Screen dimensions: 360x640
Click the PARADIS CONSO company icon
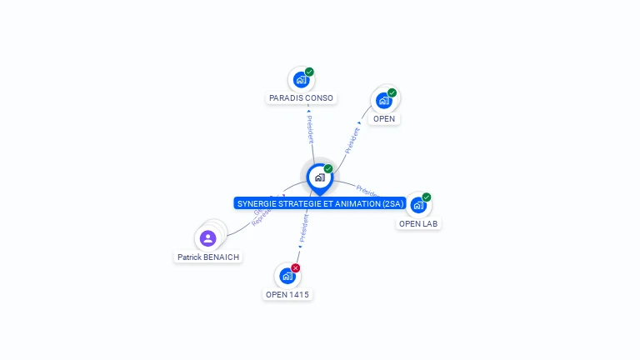pyautogui.click(x=301, y=80)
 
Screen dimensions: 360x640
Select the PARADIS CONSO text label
pyautogui.click(x=301, y=98)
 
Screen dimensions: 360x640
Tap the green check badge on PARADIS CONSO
pyautogui.click(x=309, y=72)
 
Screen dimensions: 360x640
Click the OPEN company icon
pyautogui.click(x=383, y=101)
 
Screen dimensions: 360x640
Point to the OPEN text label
pyautogui.click(x=384, y=119)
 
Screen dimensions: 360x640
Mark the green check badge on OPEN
pyautogui.click(x=392, y=92)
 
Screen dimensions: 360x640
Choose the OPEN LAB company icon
pyautogui.click(x=418, y=205)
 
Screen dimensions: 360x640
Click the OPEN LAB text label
pyautogui.click(x=418, y=223)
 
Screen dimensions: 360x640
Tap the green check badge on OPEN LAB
pyautogui.click(x=427, y=197)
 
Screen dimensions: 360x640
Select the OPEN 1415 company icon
pyautogui.click(x=287, y=276)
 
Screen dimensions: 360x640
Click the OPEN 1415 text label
pyautogui.click(x=287, y=294)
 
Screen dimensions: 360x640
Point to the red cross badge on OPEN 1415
pyautogui.click(x=296, y=267)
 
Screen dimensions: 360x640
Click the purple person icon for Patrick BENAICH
pyautogui.click(x=208, y=239)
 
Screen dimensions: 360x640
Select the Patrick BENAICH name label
pyautogui.click(x=208, y=257)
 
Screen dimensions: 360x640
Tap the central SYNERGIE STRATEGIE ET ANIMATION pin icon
pyautogui.click(x=319, y=177)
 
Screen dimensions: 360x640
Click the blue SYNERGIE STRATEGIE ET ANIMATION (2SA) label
pyautogui.click(x=320, y=203)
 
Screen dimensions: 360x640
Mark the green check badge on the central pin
pyautogui.click(x=328, y=168)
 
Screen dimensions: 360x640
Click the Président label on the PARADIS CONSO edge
pyautogui.click(x=310, y=129)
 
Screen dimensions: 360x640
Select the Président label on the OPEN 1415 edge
pyautogui.click(x=304, y=227)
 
